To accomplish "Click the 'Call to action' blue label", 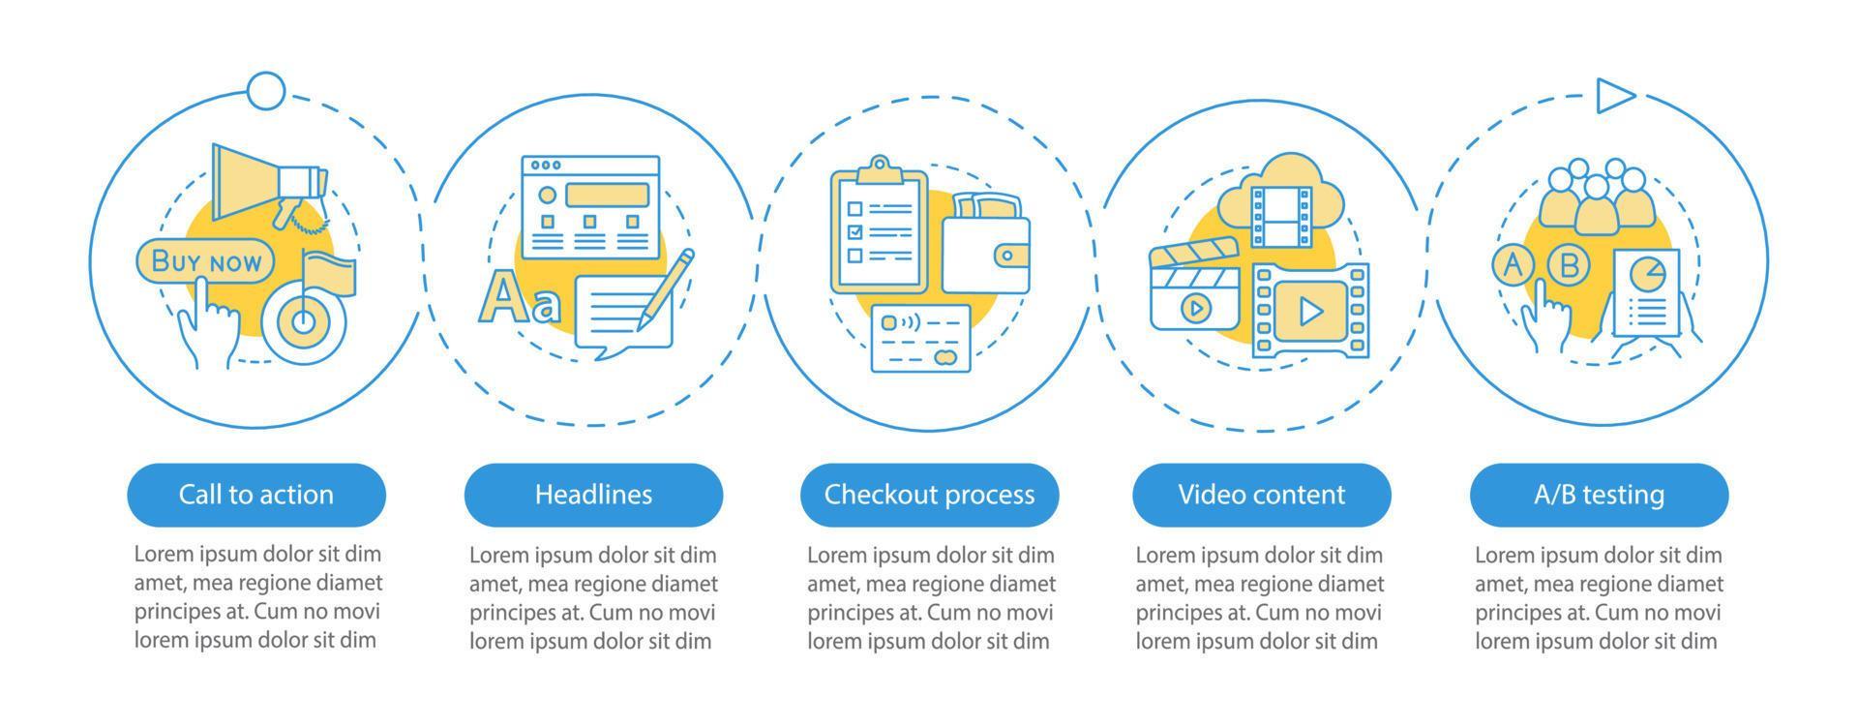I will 256,495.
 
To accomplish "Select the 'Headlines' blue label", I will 593,495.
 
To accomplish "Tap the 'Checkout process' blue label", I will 929,495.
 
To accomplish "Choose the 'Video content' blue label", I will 1262,495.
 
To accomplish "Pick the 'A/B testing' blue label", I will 1599,495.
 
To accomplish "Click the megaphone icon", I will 266,184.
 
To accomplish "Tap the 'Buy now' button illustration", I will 206,261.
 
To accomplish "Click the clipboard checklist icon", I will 879,228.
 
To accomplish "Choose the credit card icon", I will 920,339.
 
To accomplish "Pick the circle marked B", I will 1570,264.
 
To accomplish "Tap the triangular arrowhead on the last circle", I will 1613,96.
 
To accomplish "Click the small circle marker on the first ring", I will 266,92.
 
